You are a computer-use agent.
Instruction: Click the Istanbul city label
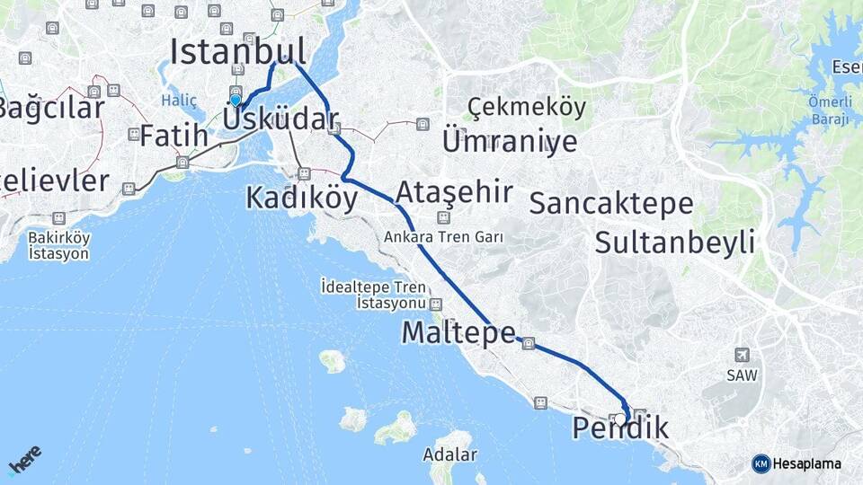[x=238, y=51]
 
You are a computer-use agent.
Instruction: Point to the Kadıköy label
[x=302, y=198]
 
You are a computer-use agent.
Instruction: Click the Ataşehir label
[x=454, y=191]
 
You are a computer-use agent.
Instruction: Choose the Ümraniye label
[x=509, y=140]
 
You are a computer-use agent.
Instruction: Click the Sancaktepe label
[x=610, y=203]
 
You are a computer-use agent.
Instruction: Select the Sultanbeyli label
[x=674, y=241]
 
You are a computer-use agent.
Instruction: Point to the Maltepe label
[x=458, y=332]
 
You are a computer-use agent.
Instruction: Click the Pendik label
[x=620, y=429]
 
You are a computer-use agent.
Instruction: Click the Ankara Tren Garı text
[x=443, y=237]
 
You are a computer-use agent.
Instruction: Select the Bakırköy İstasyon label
[x=58, y=245]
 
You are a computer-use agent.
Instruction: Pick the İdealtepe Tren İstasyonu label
[x=375, y=295]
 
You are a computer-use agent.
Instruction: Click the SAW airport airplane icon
[x=741, y=354]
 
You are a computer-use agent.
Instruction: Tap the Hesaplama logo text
[x=806, y=463]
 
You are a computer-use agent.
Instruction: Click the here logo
[x=25, y=460]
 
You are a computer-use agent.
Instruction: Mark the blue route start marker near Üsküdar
[x=236, y=101]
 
